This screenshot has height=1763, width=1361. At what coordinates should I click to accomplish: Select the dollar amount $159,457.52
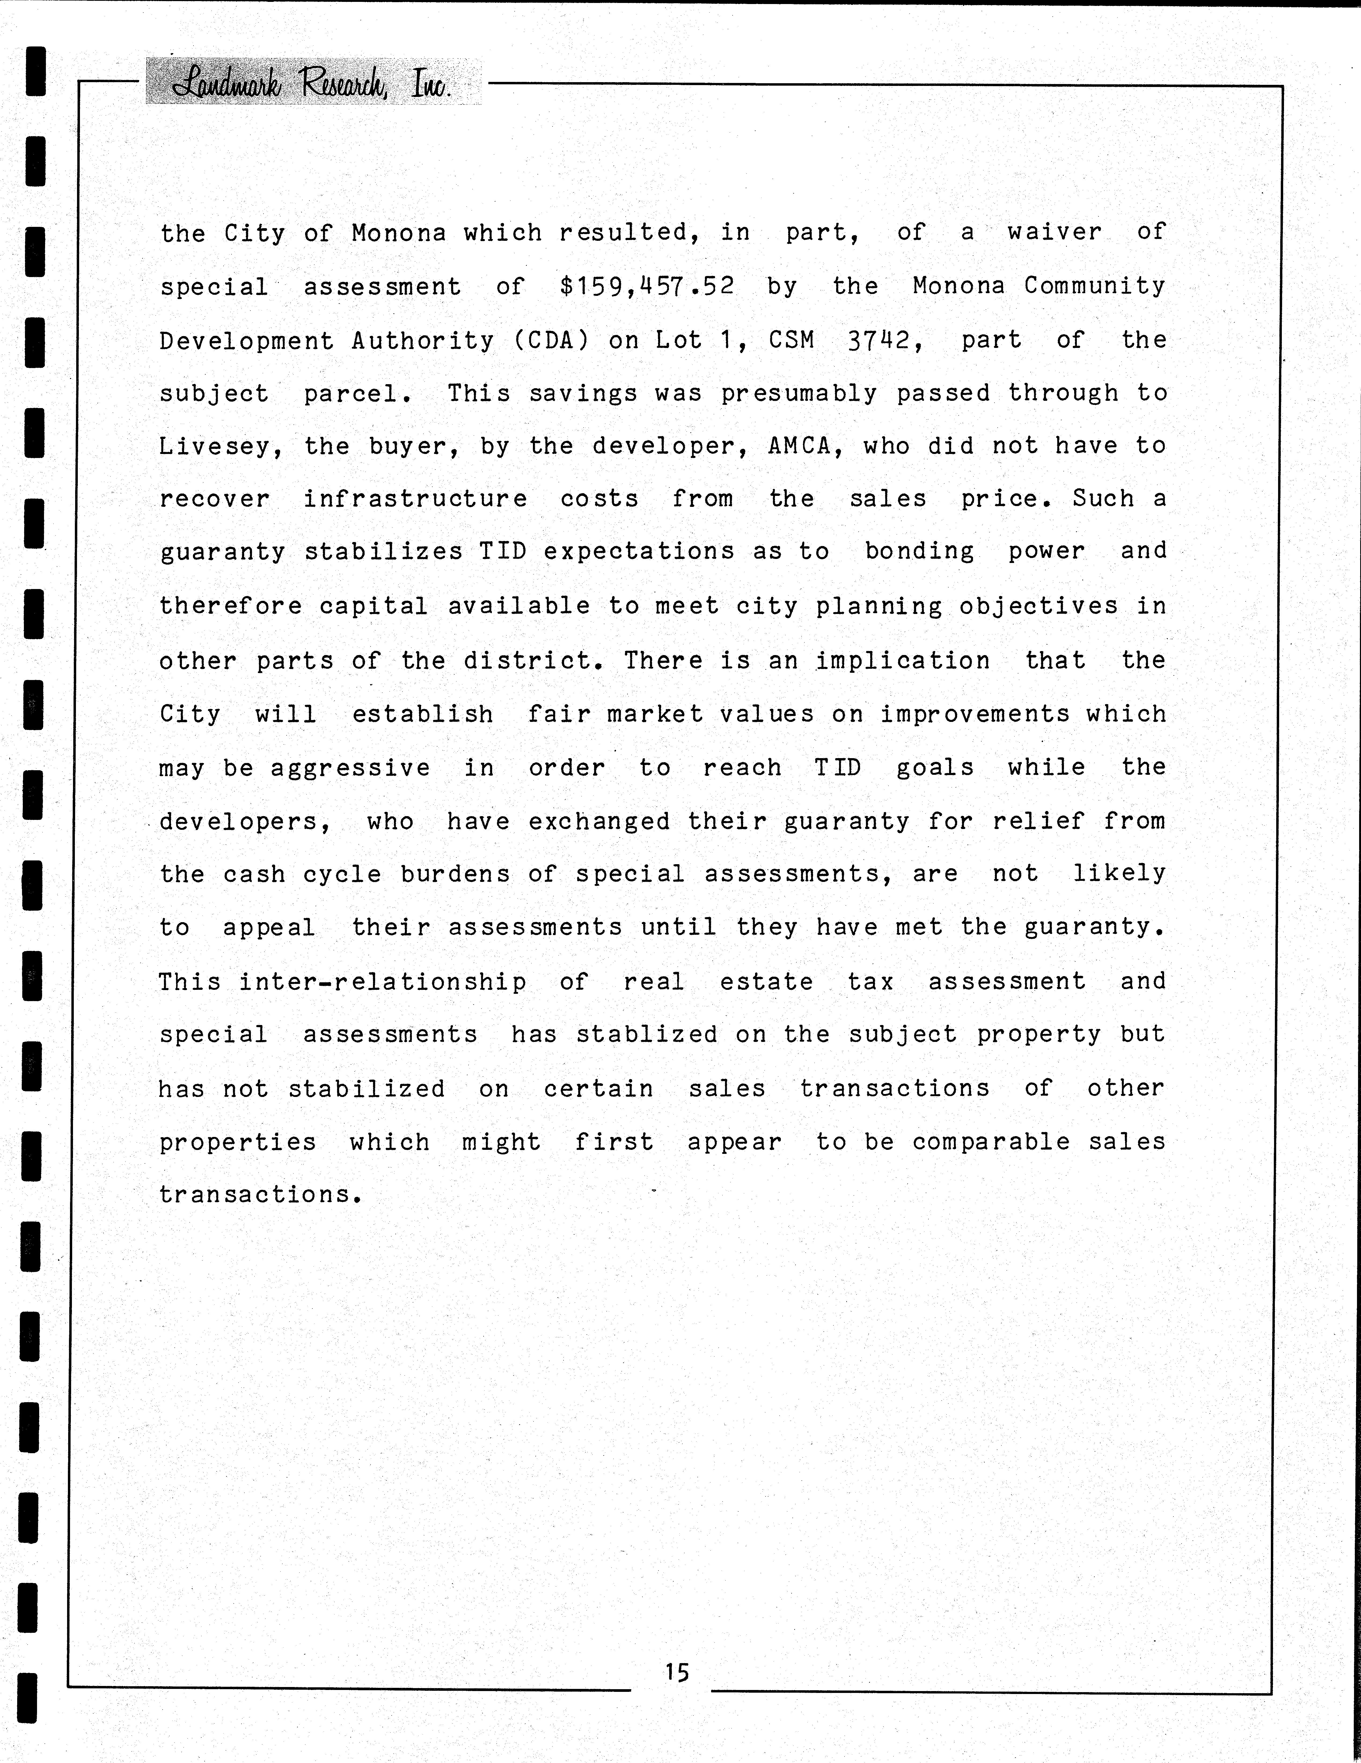click(x=647, y=286)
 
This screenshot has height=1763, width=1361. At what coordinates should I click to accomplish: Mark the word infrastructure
click(x=415, y=499)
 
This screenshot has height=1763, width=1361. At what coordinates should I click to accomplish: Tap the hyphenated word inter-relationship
click(x=382, y=982)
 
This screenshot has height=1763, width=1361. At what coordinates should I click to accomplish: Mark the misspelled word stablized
click(x=646, y=1034)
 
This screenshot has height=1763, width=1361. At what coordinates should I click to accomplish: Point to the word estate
click(x=766, y=982)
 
